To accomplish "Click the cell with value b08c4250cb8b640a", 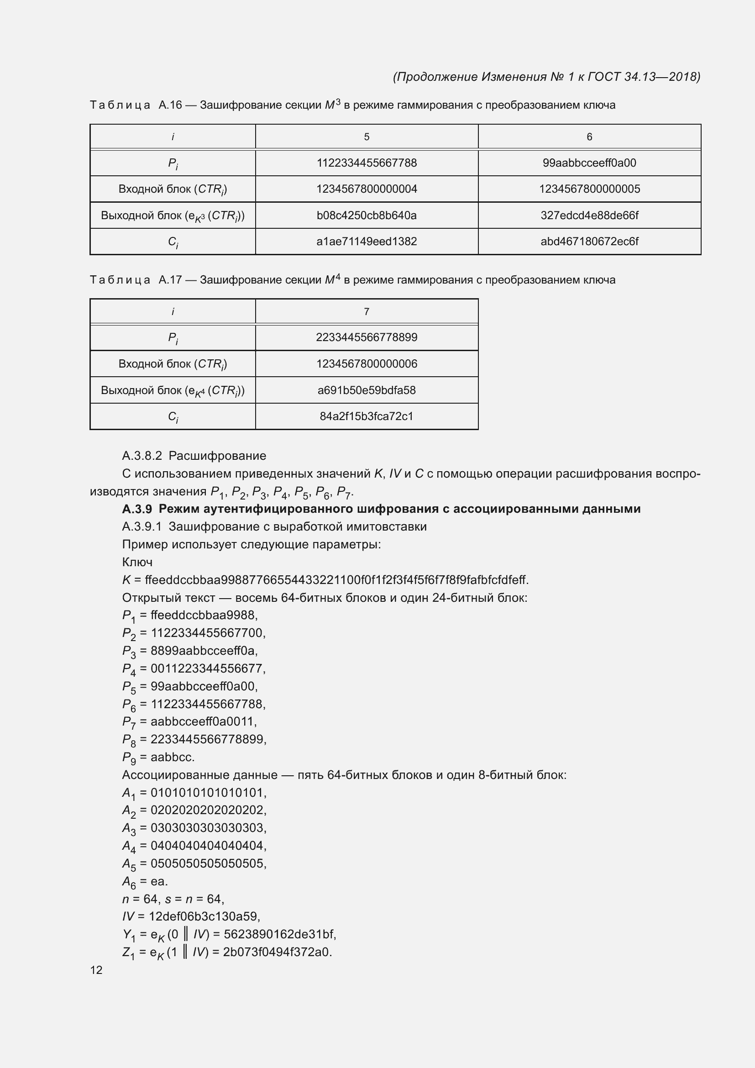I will (x=367, y=216).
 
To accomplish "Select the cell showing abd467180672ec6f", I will (x=589, y=242).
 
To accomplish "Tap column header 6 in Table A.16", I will (x=589, y=137).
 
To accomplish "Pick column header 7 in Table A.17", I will (x=367, y=312).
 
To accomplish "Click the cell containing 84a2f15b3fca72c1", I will (x=367, y=416).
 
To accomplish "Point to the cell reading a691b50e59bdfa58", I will (x=367, y=390).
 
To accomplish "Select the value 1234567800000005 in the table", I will (x=589, y=189).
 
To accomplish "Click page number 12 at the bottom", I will (x=96, y=970).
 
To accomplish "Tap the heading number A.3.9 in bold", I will (x=137, y=509).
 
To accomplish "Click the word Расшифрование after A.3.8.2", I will (x=217, y=456).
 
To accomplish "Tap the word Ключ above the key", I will (x=137, y=562).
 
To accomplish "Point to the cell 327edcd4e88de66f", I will (x=589, y=216).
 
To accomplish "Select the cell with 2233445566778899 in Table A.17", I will (x=367, y=337).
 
